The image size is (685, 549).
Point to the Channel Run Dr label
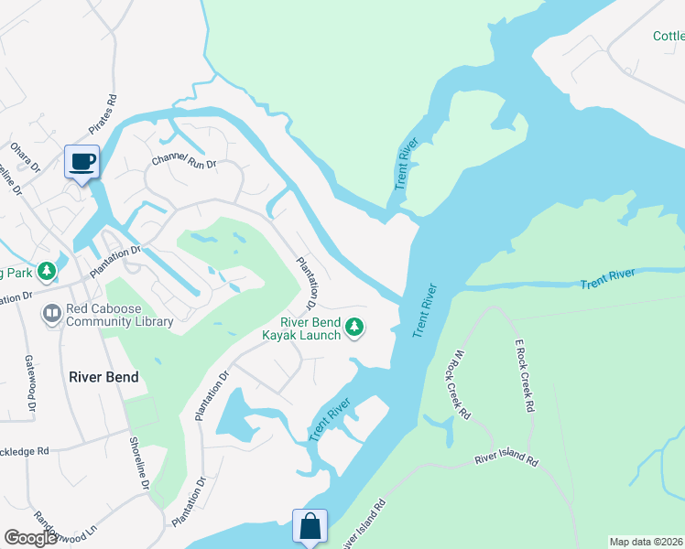[183, 164]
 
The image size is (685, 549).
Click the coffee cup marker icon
[82, 161]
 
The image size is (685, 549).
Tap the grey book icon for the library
[50, 314]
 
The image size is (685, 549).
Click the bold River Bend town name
[103, 377]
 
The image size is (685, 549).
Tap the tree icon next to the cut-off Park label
[46, 272]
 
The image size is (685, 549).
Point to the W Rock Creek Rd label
[461, 384]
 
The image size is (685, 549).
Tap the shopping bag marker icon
[310, 526]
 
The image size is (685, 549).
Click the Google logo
[31, 538]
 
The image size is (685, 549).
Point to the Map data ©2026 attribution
[647, 542]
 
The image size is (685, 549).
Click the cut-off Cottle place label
[668, 37]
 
